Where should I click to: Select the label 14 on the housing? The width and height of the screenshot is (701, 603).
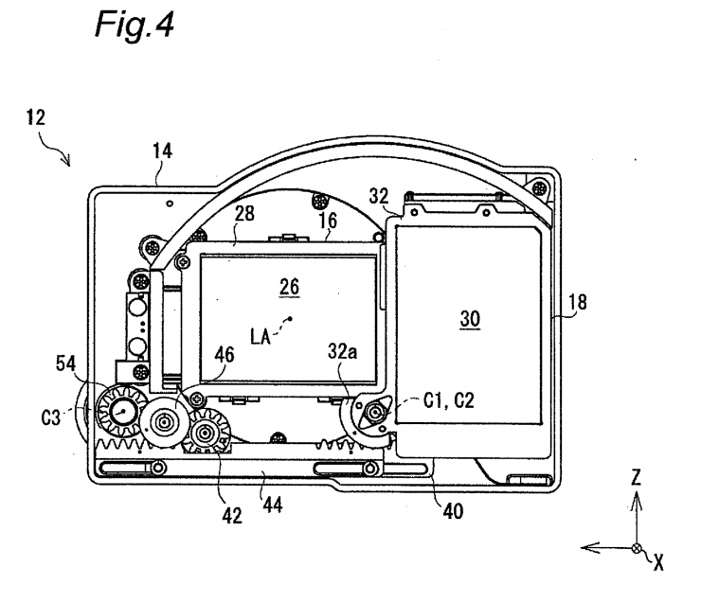click(x=164, y=150)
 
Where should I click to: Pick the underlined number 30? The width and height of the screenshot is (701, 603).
click(x=470, y=320)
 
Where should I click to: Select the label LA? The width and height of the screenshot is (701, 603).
click(x=266, y=335)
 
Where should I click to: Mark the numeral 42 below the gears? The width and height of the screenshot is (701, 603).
click(x=233, y=515)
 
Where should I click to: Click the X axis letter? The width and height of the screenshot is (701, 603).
click(x=657, y=562)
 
